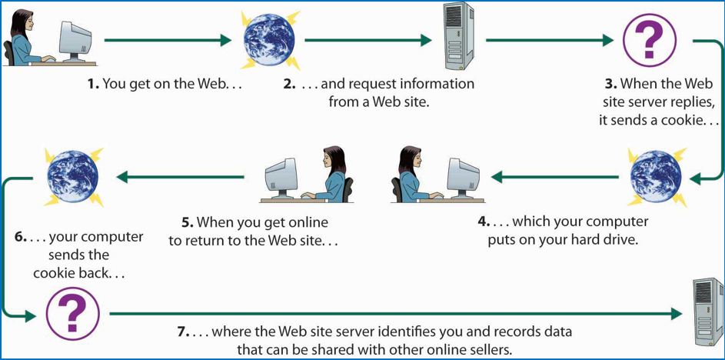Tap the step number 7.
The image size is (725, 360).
[182, 332]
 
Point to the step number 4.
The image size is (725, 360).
[483, 222]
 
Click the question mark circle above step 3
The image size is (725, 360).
[649, 40]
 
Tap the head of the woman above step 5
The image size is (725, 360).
[332, 159]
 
